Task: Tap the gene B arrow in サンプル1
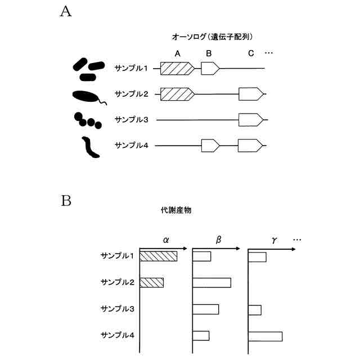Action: [x=210, y=69]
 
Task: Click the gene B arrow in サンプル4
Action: [x=210, y=146]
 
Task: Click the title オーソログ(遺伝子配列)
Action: [x=214, y=37]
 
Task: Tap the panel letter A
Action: [x=66, y=13]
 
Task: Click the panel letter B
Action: [x=66, y=200]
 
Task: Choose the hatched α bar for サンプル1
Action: [x=159, y=256]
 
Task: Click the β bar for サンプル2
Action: [x=212, y=282]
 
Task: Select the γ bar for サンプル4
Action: [x=265, y=336]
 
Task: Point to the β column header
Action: [x=219, y=240]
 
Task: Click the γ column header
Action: [x=274, y=240]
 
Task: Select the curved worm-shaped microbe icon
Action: [x=89, y=147]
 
